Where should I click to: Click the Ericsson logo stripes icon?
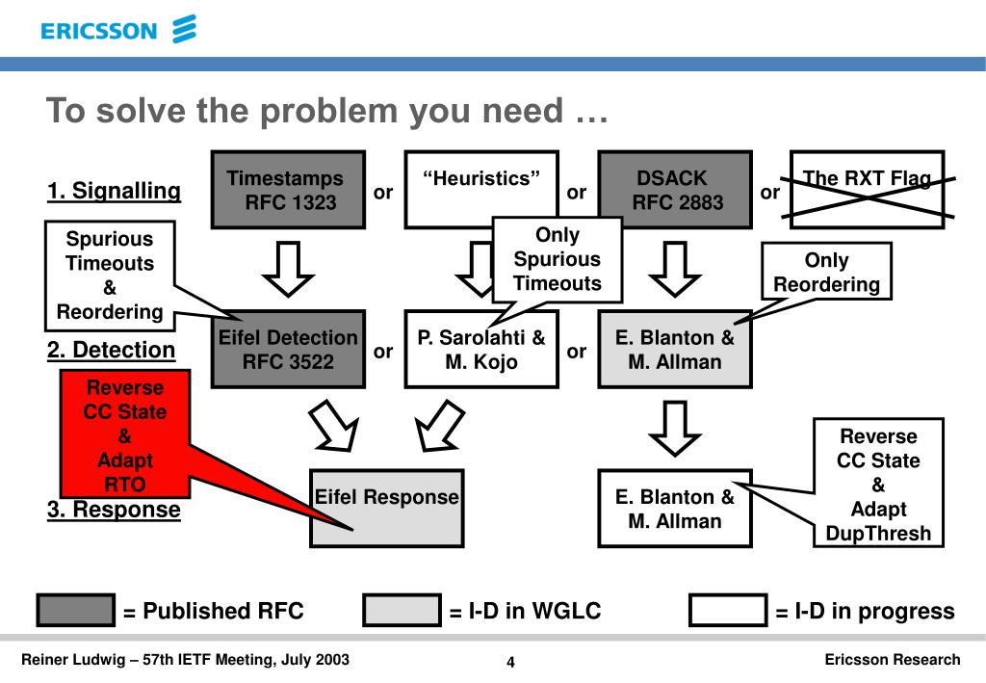pyautogui.click(x=184, y=29)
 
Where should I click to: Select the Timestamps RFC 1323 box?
pyautogui.click(x=288, y=190)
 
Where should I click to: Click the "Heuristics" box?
pyautogui.click(x=481, y=190)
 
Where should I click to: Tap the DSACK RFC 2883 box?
pyautogui.click(x=675, y=190)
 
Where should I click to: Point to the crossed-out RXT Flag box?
pyautogui.click(x=868, y=190)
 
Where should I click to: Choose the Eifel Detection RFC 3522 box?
pyautogui.click(x=288, y=349)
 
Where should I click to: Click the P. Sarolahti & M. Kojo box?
pyautogui.click(x=481, y=349)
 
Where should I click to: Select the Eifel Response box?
pyautogui.click(x=387, y=509)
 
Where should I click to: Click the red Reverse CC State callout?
pyautogui.click(x=125, y=433)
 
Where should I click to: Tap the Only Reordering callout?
pyautogui.click(x=826, y=272)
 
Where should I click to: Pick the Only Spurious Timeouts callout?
pyautogui.click(x=558, y=259)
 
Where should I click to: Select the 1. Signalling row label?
pyautogui.click(x=114, y=190)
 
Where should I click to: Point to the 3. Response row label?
pyautogui.click(x=114, y=509)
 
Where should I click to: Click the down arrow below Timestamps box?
pyautogui.click(x=288, y=269)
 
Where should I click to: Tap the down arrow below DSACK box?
pyautogui.click(x=675, y=269)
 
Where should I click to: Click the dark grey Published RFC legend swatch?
pyautogui.click(x=75, y=610)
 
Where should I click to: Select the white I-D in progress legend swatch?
pyautogui.click(x=728, y=610)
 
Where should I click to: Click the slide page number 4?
pyautogui.click(x=510, y=662)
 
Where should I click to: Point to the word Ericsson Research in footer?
pyautogui.click(x=893, y=659)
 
